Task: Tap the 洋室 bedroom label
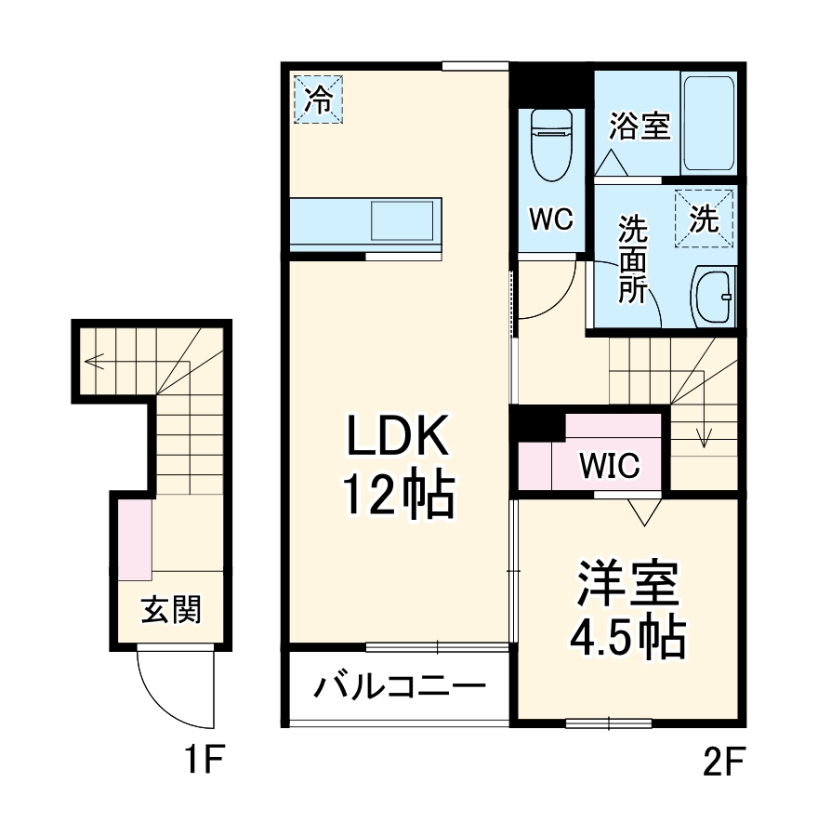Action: click(628, 584)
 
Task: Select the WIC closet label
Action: click(610, 465)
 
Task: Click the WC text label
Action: click(550, 219)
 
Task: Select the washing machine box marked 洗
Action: click(704, 219)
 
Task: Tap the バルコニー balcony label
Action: click(399, 689)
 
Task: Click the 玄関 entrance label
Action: click(171, 610)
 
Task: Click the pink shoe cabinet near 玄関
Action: click(135, 540)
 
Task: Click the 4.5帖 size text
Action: click(628, 637)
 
